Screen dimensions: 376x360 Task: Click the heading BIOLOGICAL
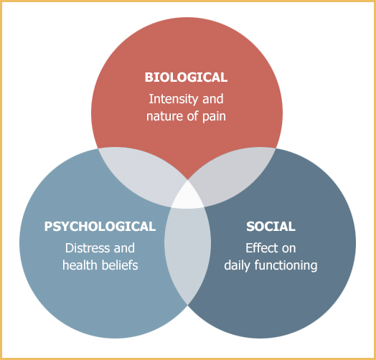click(x=186, y=77)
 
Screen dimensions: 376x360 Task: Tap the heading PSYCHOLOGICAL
click(x=100, y=227)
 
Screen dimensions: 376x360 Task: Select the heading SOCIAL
click(x=271, y=227)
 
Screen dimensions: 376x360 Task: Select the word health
click(x=80, y=265)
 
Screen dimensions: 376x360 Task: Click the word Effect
click(x=261, y=248)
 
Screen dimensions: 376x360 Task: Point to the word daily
click(x=237, y=266)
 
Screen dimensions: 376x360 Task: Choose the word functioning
click(x=286, y=266)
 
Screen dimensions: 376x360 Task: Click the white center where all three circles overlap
click(x=187, y=196)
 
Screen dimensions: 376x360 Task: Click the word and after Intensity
click(x=213, y=99)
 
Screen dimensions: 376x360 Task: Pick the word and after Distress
click(x=124, y=248)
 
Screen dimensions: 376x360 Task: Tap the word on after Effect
click(x=288, y=249)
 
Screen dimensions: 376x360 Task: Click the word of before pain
click(x=193, y=116)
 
